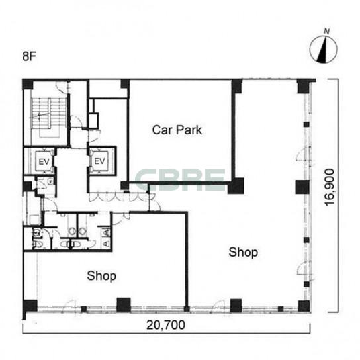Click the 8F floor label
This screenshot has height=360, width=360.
click(x=30, y=56)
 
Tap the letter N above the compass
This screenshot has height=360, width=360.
click(x=326, y=31)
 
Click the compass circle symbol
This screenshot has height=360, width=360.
click(x=323, y=49)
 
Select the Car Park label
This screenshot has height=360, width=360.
click(x=177, y=130)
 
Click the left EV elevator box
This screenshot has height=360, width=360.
click(x=44, y=161)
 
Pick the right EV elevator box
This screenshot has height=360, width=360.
click(x=100, y=161)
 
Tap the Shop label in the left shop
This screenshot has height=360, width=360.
click(x=101, y=276)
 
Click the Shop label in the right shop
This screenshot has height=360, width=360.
click(x=243, y=252)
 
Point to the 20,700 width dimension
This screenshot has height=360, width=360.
click(x=165, y=325)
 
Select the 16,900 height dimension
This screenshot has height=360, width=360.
click(x=330, y=187)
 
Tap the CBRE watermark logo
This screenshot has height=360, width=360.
click(x=180, y=179)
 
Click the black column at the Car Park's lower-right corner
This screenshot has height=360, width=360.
click(x=236, y=186)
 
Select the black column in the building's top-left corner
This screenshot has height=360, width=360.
click(x=28, y=84)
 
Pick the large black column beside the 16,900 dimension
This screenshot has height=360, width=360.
click(x=302, y=187)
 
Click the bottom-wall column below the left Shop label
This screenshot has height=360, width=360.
click(x=124, y=304)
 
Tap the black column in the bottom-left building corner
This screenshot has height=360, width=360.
click(x=30, y=306)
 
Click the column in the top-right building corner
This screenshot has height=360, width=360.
click(x=304, y=86)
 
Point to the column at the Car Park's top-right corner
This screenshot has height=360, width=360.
click(x=237, y=86)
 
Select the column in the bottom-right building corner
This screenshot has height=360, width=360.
click(x=304, y=306)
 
